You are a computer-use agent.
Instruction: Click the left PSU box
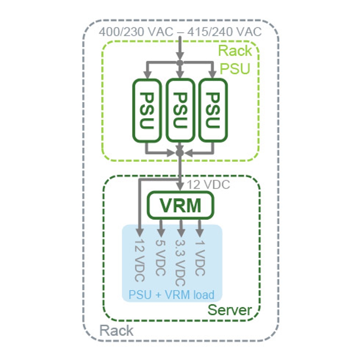[147, 110]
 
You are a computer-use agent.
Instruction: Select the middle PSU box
[180, 110]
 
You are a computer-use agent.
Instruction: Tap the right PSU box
[213, 110]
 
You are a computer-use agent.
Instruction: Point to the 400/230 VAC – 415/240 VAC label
[180, 32]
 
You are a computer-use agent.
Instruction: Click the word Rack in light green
[235, 51]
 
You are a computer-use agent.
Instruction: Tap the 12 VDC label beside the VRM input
[208, 185]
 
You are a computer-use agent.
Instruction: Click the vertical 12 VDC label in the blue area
[140, 261]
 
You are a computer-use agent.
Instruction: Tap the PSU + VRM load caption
[171, 294]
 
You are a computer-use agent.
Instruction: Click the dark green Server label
[230, 310]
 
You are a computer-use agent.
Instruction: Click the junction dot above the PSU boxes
[180, 63]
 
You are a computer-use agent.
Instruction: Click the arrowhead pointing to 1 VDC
[199, 233]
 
